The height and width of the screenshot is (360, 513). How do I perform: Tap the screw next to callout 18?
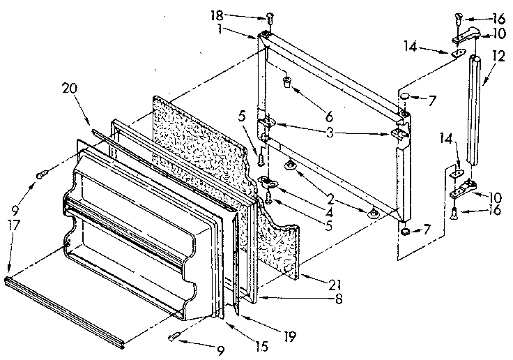coord(268,19)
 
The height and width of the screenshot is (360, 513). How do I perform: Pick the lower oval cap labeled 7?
coord(406,230)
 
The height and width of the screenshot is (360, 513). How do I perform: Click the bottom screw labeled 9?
coord(176,338)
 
